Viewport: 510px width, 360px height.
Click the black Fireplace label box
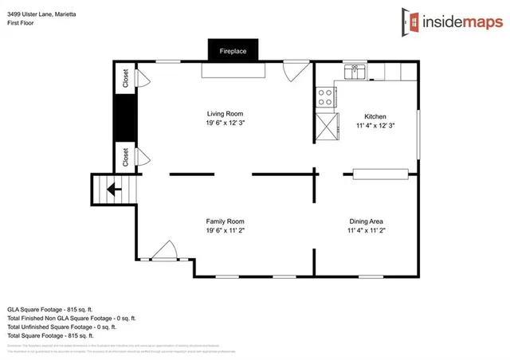(233, 51)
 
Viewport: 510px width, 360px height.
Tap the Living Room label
(225, 114)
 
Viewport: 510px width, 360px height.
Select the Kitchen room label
(375, 115)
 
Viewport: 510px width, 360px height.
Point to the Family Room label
(225, 221)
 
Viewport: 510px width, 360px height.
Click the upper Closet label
(126, 78)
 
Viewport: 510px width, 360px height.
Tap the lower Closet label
(126, 157)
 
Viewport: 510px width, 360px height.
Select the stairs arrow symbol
(113, 190)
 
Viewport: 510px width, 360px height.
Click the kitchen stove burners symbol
(325, 97)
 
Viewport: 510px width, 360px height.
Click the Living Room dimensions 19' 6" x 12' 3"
(225, 123)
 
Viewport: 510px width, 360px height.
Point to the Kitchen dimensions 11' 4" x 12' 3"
(375, 126)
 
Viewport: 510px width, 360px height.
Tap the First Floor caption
(22, 23)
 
